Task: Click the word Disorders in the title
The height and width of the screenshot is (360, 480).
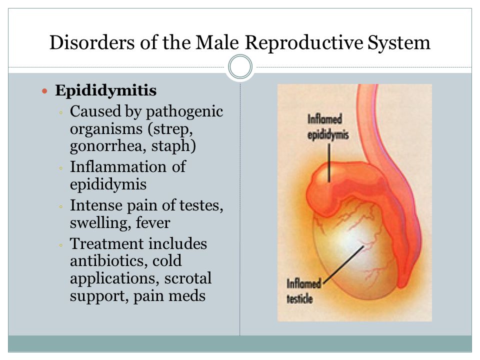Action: pyautogui.click(x=92, y=42)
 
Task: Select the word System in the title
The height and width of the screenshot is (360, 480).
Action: pyautogui.click(x=399, y=43)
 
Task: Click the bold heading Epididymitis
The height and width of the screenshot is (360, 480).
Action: pyautogui.click(x=105, y=90)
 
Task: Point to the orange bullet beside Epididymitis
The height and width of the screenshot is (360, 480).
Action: pyautogui.click(x=44, y=91)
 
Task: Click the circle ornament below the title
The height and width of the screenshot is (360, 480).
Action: pyautogui.click(x=240, y=66)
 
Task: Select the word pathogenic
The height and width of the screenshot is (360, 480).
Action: pyautogui.click(x=184, y=112)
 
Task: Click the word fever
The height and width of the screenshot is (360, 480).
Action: pyautogui.click(x=153, y=222)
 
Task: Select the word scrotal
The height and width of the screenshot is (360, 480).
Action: pyautogui.click(x=187, y=278)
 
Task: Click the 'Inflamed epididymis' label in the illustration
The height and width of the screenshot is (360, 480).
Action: pyautogui.click(x=328, y=127)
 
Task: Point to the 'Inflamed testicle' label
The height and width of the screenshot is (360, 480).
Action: pyautogui.click(x=303, y=291)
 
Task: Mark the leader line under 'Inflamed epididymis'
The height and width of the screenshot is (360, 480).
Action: pyautogui.click(x=329, y=163)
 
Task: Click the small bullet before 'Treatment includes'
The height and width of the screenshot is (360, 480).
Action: pyautogui.click(x=61, y=245)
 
